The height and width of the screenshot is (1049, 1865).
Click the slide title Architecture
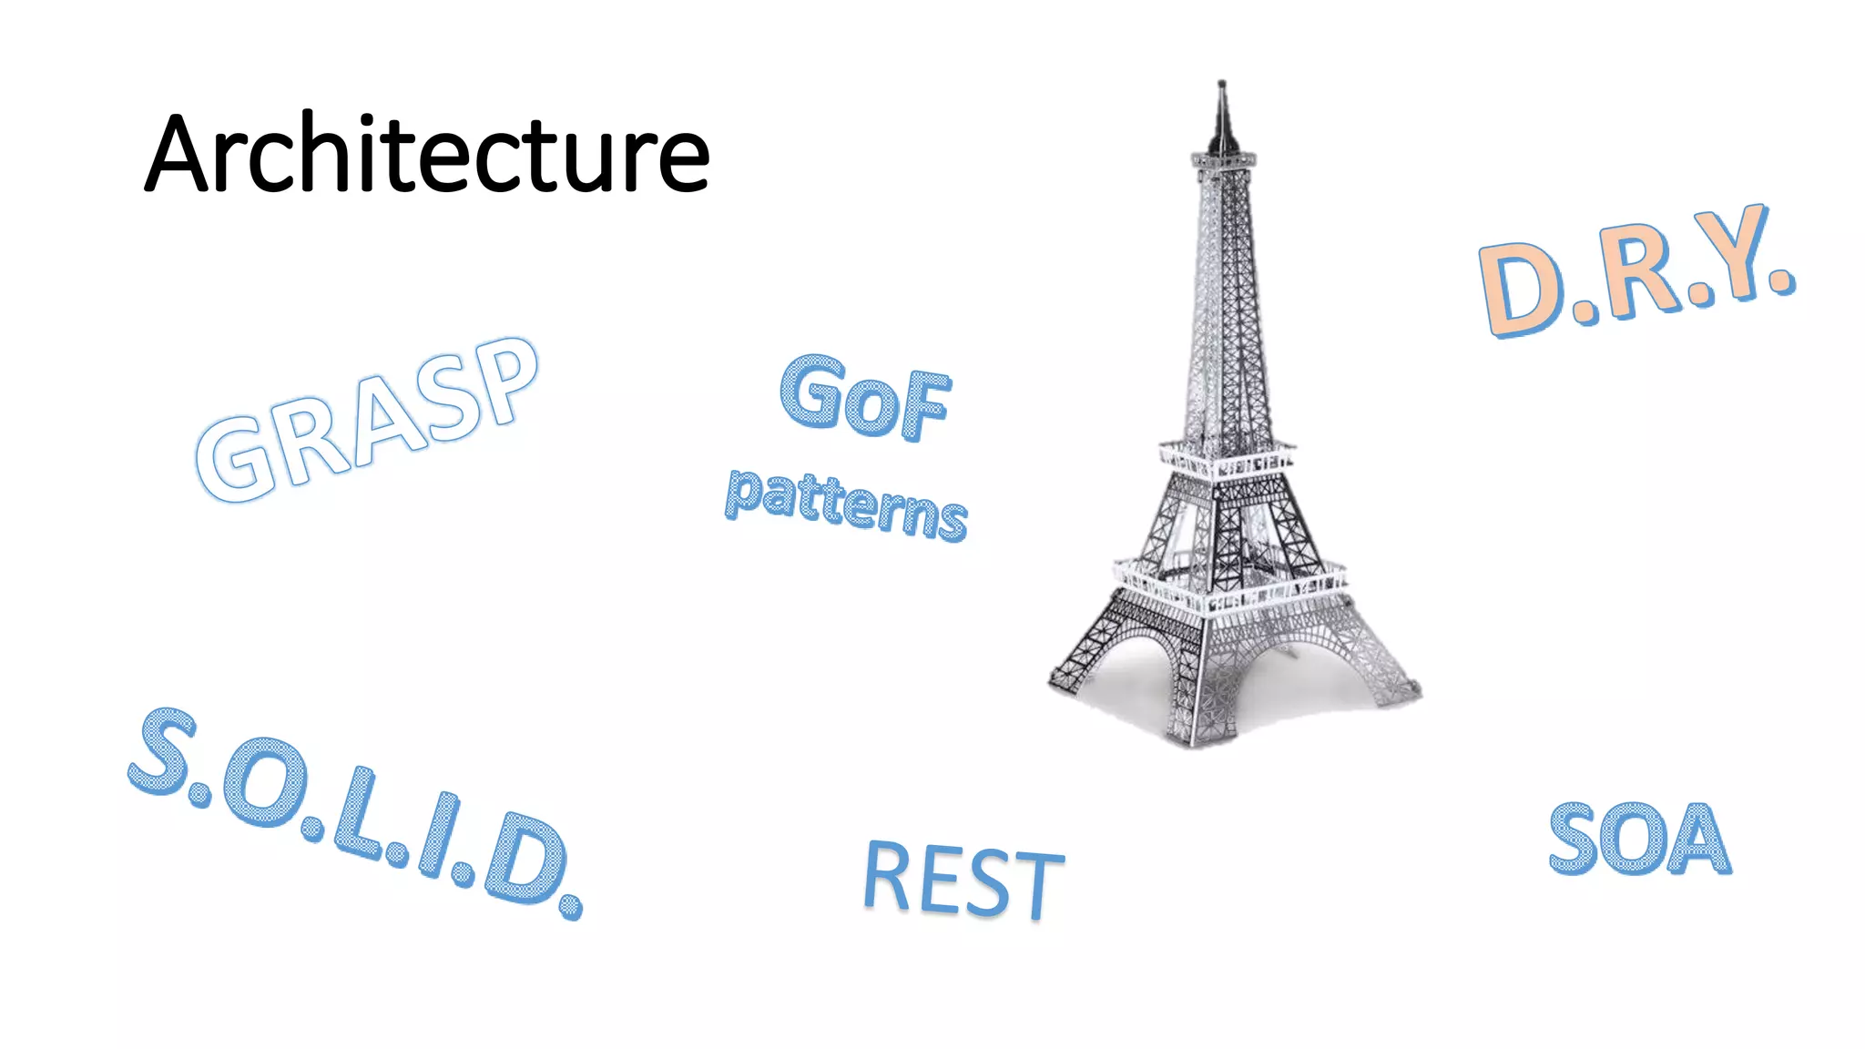pos(426,153)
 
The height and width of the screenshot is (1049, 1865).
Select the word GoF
pos(865,398)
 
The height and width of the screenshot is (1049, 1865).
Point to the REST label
pos(963,880)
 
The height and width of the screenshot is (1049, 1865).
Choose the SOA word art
pos(1639,839)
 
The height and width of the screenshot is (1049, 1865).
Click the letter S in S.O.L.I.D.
pos(164,749)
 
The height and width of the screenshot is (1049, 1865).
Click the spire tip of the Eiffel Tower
pos(1222,85)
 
